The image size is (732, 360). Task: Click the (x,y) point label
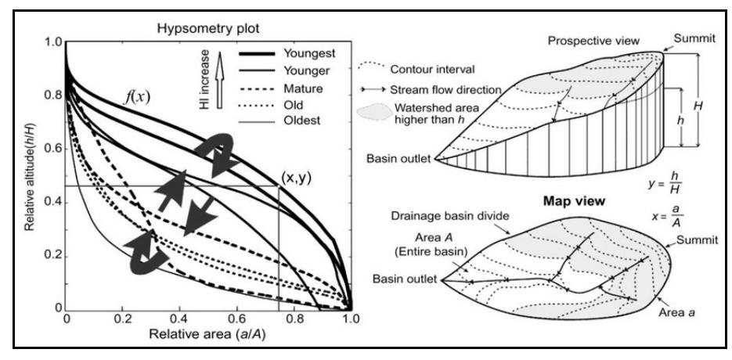click(x=295, y=178)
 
